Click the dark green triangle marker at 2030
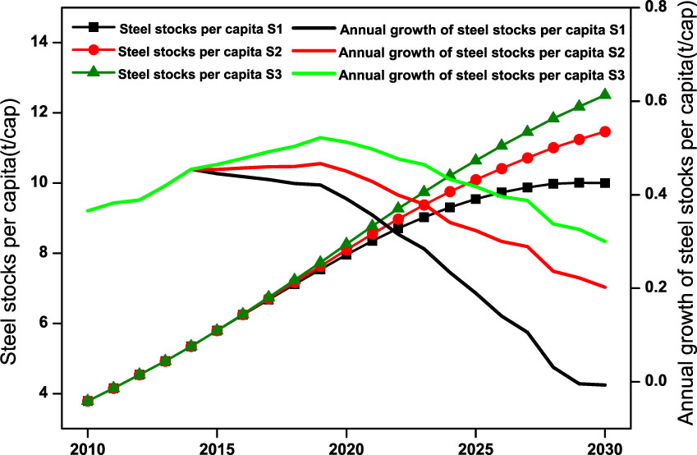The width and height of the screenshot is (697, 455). point(606,94)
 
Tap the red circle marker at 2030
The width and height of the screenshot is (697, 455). point(606,131)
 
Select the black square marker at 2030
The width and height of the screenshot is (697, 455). point(606,183)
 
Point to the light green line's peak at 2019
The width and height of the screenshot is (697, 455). point(320,137)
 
